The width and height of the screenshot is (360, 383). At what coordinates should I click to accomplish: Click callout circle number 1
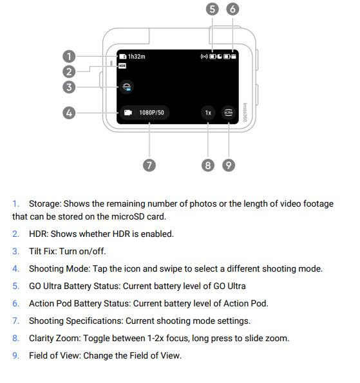coord(69,57)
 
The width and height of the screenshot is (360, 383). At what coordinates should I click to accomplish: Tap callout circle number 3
coord(69,87)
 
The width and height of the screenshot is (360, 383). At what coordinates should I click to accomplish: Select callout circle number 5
coord(212,9)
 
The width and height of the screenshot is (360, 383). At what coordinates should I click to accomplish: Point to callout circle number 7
coord(149,165)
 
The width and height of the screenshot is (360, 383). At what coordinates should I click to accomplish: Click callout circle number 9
coord(229,165)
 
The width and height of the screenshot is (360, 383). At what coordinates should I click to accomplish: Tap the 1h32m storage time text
coord(137,57)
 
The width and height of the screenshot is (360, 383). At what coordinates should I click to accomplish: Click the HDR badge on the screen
coord(122,66)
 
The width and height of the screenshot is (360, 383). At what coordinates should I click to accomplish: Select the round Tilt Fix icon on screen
coord(127,87)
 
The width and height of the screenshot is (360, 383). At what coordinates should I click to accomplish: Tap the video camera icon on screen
coord(128,113)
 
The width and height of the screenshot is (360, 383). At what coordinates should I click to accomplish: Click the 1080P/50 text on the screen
coord(151,113)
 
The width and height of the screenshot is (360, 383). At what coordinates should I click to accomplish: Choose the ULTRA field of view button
coord(229,113)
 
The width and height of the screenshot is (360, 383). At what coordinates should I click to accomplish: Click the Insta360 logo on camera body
coord(245,113)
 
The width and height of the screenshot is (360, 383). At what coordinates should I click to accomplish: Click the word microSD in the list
coord(128,217)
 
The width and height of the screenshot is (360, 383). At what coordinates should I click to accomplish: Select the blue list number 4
coord(16,268)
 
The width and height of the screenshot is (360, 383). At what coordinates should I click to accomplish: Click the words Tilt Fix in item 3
coord(43,251)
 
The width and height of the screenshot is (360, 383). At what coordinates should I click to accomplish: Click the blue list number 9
coord(16,355)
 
